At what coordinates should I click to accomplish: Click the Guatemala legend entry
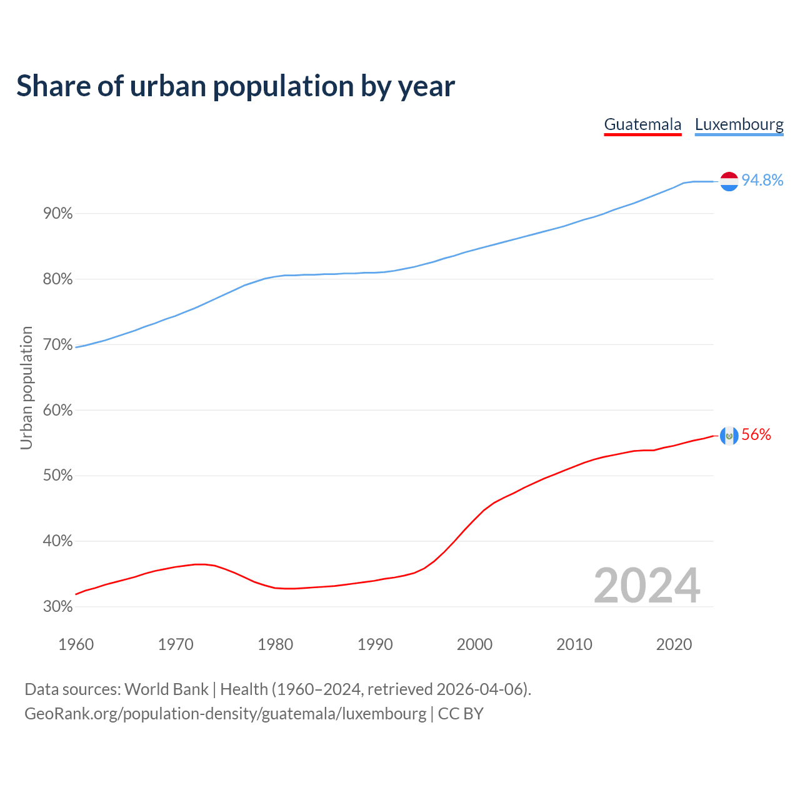[x=642, y=124]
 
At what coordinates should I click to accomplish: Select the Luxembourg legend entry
[x=739, y=124]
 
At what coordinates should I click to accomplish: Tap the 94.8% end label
[x=762, y=180]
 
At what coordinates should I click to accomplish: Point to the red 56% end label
[x=756, y=435]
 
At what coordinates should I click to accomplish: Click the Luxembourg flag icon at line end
[x=729, y=181]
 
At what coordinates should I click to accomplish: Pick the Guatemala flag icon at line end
[x=729, y=436]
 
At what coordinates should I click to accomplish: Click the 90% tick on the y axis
[x=58, y=214]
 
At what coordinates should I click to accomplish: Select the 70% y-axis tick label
[x=58, y=345]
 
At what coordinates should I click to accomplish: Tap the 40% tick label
[x=58, y=541]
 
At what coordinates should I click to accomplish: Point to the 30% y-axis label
[x=58, y=607]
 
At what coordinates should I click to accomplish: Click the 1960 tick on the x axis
[x=76, y=644]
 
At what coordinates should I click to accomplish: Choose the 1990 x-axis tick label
[x=375, y=644]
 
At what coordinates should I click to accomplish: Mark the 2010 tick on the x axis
[x=574, y=644]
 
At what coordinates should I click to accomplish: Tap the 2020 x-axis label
[x=674, y=644]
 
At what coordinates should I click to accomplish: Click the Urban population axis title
[x=26, y=387]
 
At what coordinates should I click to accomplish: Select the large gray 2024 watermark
[x=647, y=586]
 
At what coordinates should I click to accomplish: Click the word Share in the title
[x=52, y=86]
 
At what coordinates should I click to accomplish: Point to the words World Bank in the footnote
[x=166, y=689]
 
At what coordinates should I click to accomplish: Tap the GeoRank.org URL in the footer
[x=225, y=714]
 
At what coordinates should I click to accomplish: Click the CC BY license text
[x=461, y=714]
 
